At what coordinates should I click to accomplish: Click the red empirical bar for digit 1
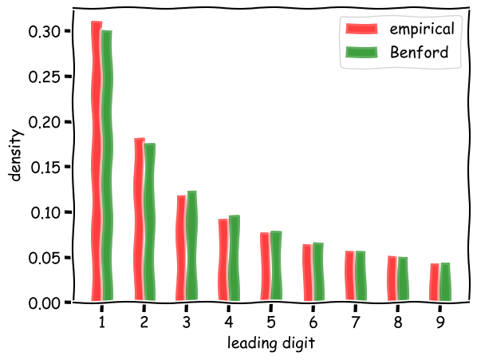[97, 161]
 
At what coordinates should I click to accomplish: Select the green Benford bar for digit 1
[108, 165]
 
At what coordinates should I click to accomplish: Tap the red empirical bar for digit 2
[139, 220]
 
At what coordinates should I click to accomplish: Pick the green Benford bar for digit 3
[191, 245]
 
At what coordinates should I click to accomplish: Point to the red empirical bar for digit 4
[223, 260]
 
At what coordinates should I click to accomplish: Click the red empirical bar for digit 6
[308, 273]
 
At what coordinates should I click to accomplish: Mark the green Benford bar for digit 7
[361, 275]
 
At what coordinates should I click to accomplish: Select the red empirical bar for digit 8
[392, 279]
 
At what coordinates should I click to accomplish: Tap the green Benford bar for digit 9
[445, 282]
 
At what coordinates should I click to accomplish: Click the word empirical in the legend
[422, 30]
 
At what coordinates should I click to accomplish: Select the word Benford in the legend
[420, 52]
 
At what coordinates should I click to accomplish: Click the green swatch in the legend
[361, 52]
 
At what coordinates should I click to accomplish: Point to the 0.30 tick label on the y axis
[45, 32]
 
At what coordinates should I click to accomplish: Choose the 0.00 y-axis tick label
[45, 303]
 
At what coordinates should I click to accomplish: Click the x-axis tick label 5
[271, 322]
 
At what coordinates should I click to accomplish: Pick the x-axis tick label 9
[440, 322]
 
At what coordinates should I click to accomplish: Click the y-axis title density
[15, 155]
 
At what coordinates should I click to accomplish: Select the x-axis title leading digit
[271, 344]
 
